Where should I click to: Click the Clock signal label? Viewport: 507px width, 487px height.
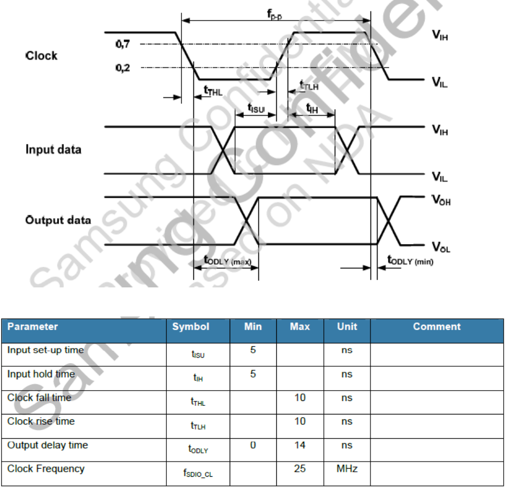click(x=41, y=56)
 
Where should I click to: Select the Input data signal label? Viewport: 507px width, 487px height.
click(x=53, y=149)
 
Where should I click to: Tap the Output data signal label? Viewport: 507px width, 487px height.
click(x=58, y=220)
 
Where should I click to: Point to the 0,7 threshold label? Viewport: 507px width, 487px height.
click(x=122, y=44)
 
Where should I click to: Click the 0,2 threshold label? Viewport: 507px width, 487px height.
click(x=122, y=68)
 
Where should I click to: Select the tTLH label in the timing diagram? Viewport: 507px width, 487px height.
click(x=309, y=85)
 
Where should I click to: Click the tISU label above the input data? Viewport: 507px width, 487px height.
click(x=256, y=109)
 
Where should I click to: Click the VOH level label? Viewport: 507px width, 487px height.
click(x=441, y=200)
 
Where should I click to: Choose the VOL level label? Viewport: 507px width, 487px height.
click(x=441, y=248)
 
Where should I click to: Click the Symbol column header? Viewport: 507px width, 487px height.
click(x=190, y=327)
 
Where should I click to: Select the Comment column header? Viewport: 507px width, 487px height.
click(x=437, y=327)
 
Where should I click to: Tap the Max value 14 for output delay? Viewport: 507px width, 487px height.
click(x=300, y=445)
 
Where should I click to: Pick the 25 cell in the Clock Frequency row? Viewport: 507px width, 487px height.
click(x=300, y=469)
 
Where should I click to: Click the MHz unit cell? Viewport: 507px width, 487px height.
click(x=347, y=469)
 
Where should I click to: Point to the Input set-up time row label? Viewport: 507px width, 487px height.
click(x=45, y=350)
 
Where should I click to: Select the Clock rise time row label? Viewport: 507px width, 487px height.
click(x=41, y=422)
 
